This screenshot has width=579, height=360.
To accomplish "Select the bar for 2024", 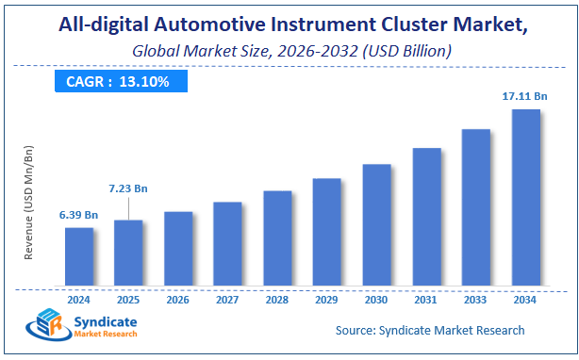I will click(79, 257).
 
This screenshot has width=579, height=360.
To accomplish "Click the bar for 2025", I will click(128, 254).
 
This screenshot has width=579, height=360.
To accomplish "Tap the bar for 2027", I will click(227, 244).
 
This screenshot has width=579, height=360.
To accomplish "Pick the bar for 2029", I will click(326, 233).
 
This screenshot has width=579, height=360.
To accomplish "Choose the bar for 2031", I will click(426, 218).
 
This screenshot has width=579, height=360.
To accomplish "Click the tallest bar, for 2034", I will click(525, 198).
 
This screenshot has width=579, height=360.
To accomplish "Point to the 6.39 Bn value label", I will click(78, 214).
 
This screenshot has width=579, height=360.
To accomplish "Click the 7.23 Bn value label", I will click(127, 189).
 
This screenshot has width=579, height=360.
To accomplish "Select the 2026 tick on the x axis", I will click(178, 300).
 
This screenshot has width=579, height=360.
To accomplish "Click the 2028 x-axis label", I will click(277, 300).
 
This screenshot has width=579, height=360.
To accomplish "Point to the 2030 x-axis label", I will click(376, 300).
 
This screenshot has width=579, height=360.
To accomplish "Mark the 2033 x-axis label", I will click(475, 300).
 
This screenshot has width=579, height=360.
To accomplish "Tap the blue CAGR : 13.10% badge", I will click(117, 81).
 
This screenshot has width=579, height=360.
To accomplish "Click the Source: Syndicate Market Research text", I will click(430, 331).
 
